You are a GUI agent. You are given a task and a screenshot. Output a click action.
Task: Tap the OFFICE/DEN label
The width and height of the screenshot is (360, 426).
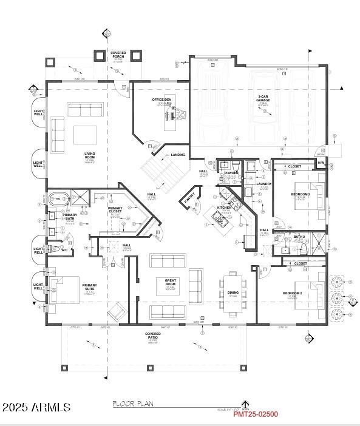(x=162, y=100)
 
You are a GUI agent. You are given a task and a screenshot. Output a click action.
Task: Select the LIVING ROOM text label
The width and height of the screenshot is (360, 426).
(x=90, y=156)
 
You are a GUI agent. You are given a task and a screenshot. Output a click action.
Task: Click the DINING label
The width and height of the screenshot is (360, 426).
(x=233, y=292)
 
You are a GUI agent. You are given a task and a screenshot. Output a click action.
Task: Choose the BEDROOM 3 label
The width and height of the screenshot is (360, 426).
(x=301, y=194)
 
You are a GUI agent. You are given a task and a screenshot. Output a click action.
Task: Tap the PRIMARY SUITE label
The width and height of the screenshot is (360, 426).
(x=89, y=287)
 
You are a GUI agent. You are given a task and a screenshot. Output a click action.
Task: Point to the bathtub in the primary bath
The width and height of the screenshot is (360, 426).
(x=58, y=198)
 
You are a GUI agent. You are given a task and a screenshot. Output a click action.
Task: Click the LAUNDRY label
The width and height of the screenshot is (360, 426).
(x=263, y=184)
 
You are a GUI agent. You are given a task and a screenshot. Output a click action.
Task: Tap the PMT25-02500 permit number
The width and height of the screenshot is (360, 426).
(x=256, y=414)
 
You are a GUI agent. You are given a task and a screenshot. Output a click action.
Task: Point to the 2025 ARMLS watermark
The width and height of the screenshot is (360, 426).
(x=36, y=407)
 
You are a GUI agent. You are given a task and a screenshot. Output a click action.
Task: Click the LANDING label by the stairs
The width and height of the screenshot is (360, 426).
(x=178, y=155)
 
